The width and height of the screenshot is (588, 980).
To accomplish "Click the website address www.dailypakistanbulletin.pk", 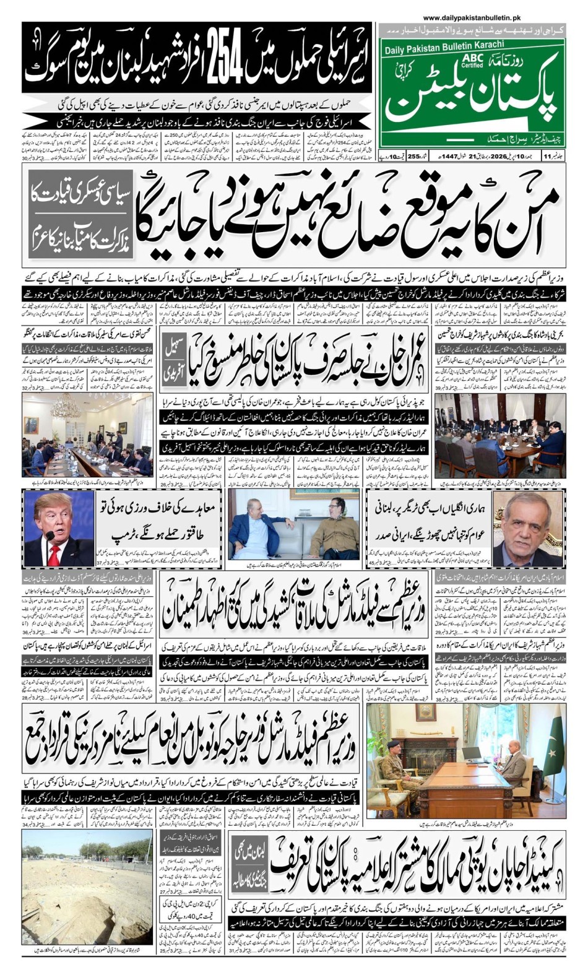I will click(472, 19).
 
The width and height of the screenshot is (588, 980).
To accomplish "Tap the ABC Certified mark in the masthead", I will click(472, 61).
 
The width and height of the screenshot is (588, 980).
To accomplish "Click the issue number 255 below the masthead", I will click(414, 155).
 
